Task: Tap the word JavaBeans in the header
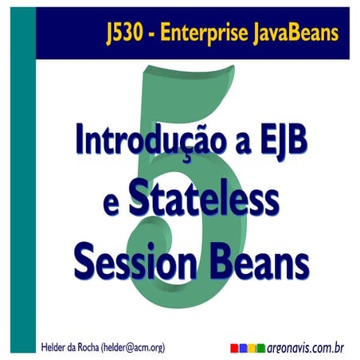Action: click(x=297, y=33)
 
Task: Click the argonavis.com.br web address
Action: click(x=306, y=347)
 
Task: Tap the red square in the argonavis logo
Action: click(x=234, y=347)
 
